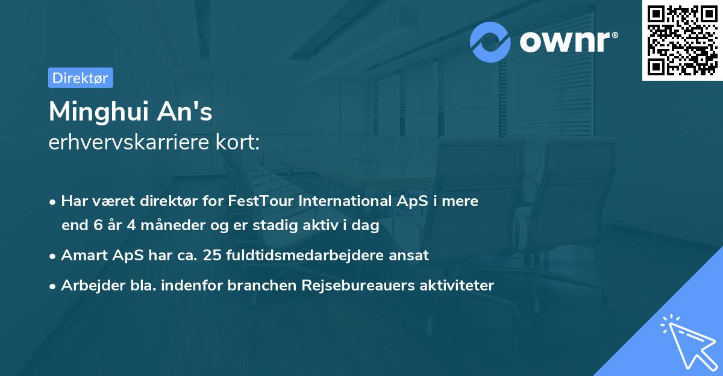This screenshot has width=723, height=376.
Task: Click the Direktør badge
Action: (x=80, y=78)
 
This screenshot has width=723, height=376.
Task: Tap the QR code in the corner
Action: (x=682, y=40)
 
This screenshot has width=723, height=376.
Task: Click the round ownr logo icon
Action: (x=490, y=42)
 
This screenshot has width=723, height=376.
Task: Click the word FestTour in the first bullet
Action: (x=261, y=201)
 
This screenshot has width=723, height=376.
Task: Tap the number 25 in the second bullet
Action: (x=216, y=255)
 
